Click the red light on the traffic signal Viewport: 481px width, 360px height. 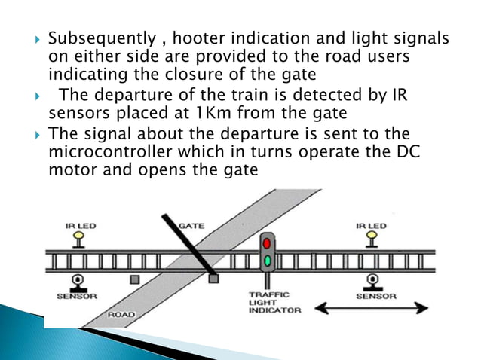pyautogui.click(x=267, y=243)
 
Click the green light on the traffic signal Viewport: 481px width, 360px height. pyautogui.click(x=267, y=260)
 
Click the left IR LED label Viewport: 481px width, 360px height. pyautogui.click(x=77, y=225)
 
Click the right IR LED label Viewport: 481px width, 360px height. pyautogui.click(x=371, y=225)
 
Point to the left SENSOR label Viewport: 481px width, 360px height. pyautogui.click(x=77, y=296)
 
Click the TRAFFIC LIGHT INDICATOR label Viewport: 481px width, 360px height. pyautogui.click(x=275, y=303)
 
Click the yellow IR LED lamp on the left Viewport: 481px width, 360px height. pyautogui.click(x=77, y=237)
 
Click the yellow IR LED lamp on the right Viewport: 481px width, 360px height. pyautogui.click(x=371, y=237)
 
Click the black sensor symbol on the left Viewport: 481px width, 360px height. pyautogui.click(x=77, y=282)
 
